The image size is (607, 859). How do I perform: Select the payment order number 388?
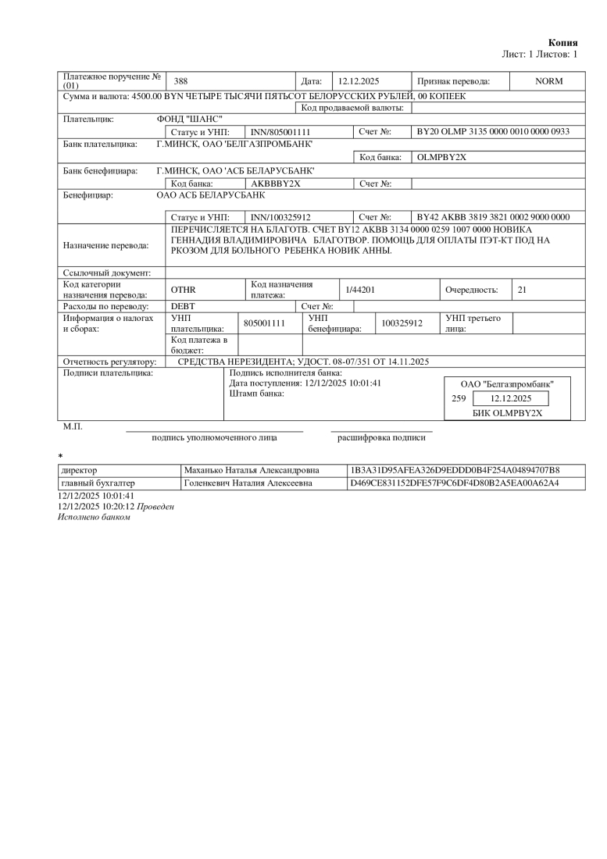point(180,81)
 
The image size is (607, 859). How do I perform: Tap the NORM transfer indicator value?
point(548,81)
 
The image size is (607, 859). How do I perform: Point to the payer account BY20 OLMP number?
point(493,132)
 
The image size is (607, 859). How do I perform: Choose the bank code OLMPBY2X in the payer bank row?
point(441,157)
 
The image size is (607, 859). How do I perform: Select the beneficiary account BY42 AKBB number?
point(493,216)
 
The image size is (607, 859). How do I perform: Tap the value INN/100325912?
point(280,216)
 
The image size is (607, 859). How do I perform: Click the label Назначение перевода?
point(105,245)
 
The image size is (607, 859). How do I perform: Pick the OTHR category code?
point(183,290)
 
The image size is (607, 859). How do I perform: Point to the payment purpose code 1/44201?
point(361,290)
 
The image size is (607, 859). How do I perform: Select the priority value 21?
point(522,290)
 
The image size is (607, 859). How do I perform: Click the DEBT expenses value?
point(183,306)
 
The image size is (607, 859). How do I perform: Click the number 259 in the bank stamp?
point(459,398)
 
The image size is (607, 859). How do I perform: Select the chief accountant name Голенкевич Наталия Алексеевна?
point(248,483)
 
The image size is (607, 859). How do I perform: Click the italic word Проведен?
point(156,507)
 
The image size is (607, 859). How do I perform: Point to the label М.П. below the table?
point(73,427)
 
